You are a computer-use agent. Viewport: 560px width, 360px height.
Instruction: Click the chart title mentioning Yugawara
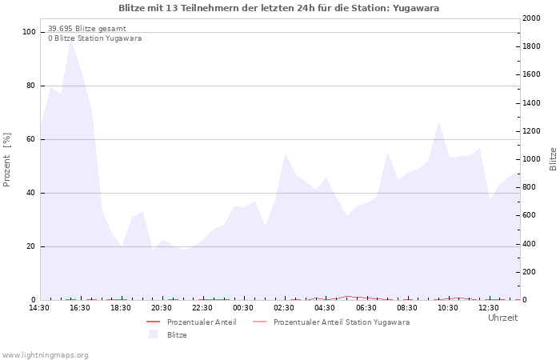278,8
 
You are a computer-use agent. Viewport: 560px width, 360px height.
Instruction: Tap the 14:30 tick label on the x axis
39,308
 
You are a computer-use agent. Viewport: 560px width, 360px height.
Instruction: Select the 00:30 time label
243,308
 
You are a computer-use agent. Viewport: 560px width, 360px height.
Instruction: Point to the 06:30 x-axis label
366,308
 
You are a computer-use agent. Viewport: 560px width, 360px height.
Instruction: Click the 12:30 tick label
488,308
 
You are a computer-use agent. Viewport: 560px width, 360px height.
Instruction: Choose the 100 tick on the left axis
30,32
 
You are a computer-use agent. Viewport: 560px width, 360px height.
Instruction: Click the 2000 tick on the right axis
530,18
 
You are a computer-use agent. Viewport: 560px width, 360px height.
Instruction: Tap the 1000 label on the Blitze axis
530,159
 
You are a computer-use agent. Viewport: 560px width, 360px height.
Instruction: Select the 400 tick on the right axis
527,244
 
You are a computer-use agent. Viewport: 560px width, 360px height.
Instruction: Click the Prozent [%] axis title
8,160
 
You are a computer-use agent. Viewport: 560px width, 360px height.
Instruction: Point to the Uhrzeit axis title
502,318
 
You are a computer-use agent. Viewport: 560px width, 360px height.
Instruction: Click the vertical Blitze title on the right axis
553,158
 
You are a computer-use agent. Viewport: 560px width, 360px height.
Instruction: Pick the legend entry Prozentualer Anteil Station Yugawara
341,322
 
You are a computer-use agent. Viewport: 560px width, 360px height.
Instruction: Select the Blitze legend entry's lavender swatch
153,334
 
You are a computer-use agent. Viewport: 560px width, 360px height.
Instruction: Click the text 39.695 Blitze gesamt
86,28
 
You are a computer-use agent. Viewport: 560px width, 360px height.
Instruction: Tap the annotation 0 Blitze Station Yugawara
94,38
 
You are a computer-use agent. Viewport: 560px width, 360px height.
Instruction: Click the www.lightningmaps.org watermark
45,354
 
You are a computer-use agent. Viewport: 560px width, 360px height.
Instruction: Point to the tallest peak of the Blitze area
71,39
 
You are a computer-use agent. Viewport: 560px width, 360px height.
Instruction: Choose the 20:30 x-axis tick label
162,308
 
